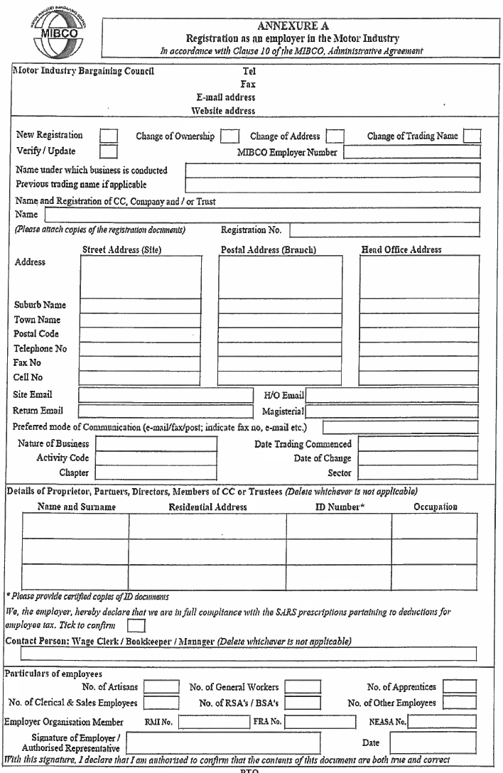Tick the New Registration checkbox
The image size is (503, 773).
pos(109,136)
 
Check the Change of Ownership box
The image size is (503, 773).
pos(229,136)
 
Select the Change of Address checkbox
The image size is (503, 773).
pos(335,136)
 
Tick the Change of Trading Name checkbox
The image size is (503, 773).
pos(472,136)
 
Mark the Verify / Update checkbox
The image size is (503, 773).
pos(109,151)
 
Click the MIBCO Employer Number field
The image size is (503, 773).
pos(412,151)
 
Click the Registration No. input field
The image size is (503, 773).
pos(384,230)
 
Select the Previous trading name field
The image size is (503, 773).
pos(332,185)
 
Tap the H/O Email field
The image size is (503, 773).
pos(393,395)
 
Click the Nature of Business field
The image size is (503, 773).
pos(156,444)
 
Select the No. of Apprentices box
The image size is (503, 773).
pos(459,687)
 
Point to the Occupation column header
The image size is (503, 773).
pos(436,507)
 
